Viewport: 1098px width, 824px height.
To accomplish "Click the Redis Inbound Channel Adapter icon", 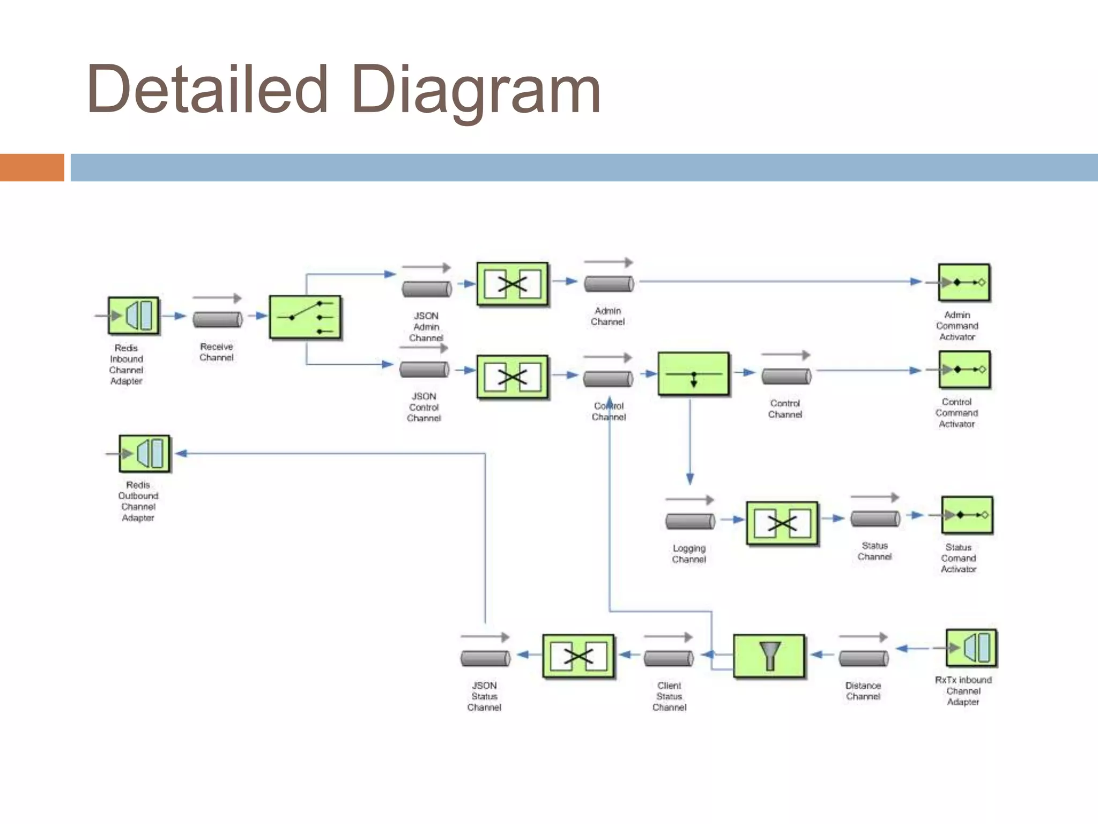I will [x=133, y=316].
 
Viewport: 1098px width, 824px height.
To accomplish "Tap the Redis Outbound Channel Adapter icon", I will [x=144, y=454].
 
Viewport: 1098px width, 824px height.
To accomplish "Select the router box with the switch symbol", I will [x=305, y=317].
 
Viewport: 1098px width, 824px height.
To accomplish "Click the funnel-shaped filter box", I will [x=769, y=656].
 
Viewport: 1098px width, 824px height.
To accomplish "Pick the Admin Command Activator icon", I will [x=964, y=282].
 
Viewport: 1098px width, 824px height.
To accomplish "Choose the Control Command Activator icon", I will [x=965, y=370].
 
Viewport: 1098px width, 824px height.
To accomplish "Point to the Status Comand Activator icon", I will [x=967, y=515].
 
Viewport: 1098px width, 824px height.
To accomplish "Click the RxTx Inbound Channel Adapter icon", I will [x=971, y=648].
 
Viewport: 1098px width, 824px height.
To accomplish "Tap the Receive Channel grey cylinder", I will [x=218, y=320].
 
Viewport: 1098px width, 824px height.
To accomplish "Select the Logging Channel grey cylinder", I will [x=690, y=521].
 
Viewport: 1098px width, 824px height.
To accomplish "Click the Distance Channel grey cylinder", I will [x=863, y=658].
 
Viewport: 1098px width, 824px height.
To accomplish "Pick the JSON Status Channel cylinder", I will [x=485, y=658].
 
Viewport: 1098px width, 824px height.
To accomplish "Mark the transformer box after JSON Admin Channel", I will [x=513, y=284].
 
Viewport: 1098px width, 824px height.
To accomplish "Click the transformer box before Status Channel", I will [x=782, y=523].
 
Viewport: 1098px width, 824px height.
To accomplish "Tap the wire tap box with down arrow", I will [x=693, y=374].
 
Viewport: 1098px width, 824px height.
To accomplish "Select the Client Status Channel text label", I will [x=669, y=696].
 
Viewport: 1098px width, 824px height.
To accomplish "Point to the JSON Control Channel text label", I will [x=424, y=407].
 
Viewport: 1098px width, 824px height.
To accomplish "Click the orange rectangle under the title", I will [x=32, y=167].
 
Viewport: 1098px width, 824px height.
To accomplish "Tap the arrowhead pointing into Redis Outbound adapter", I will [x=181, y=454].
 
